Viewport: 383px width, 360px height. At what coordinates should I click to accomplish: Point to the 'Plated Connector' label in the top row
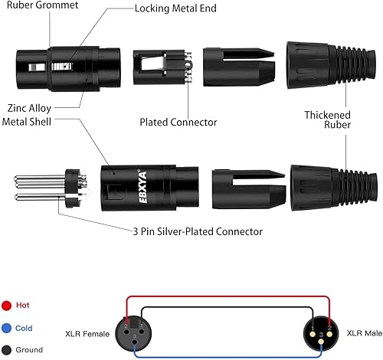(178, 122)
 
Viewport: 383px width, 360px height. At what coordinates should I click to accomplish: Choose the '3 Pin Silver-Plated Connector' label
(196, 231)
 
